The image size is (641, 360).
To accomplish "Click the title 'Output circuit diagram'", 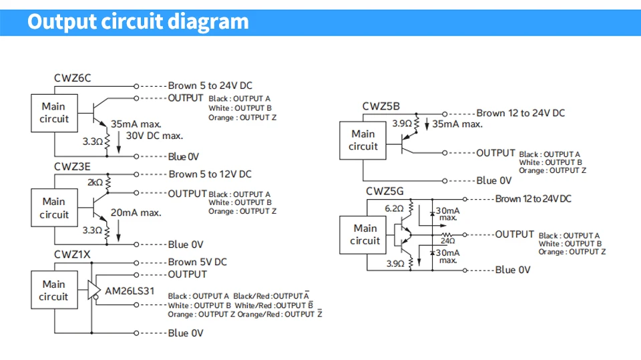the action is tap(138, 21).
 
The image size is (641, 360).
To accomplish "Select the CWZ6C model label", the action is tap(72, 77).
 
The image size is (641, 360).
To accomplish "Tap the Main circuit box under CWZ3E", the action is tap(54, 208).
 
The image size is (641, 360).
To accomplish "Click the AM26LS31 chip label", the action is tap(130, 291).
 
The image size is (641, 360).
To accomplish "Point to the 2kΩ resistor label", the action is tap(95, 182).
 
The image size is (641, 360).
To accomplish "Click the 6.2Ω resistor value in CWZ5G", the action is tap(394, 208).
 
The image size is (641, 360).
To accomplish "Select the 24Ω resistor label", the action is tap(447, 241).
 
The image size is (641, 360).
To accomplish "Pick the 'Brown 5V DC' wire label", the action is tap(198, 262).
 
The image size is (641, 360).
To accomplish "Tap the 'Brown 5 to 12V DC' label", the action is tap(210, 174).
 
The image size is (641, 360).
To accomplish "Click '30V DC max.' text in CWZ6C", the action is tap(154, 136).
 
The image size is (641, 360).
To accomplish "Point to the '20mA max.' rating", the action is tap(136, 212).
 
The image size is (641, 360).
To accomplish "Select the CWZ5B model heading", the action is tap(381, 106).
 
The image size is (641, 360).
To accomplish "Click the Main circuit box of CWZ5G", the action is tap(363, 235).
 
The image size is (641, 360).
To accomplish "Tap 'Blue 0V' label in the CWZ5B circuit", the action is tap(494, 181).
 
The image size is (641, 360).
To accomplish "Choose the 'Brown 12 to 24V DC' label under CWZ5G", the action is tap(533, 199).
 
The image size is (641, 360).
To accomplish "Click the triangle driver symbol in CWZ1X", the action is tap(93, 290).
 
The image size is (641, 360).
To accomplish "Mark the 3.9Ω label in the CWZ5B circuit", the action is tap(402, 124).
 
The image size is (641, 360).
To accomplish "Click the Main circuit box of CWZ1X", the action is tap(54, 290).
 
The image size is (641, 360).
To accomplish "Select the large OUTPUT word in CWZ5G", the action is tap(515, 234).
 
